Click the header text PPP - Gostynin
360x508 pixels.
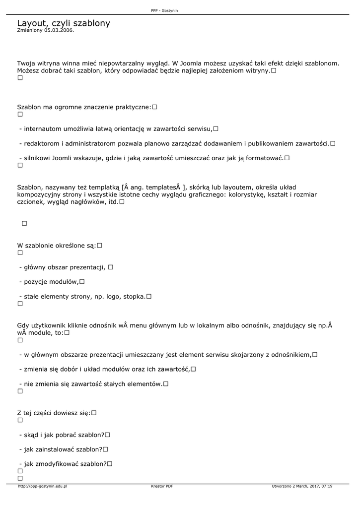pyautogui.click(x=165, y=10)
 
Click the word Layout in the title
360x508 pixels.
pyautogui.click(x=31, y=23)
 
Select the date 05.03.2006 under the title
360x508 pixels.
pyautogui.click(x=58, y=30)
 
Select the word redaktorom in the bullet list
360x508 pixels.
pyautogui.click(x=41, y=144)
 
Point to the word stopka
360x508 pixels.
pyautogui.click(x=134, y=297)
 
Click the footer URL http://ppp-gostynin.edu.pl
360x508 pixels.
pyautogui.click(x=42, y=486)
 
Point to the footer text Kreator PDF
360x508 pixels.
pyautogui.click(x=162, y=486)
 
